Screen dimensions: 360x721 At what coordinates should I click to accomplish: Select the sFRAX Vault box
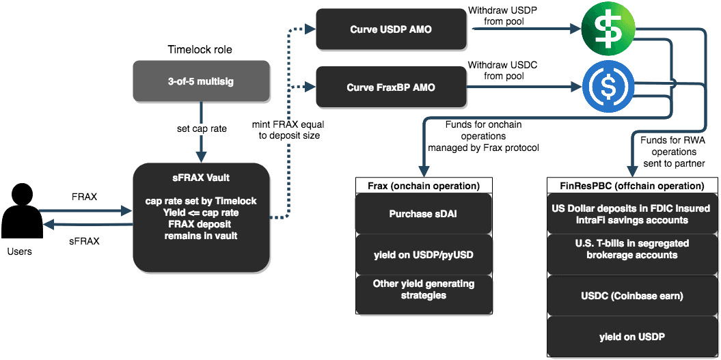[200, 216]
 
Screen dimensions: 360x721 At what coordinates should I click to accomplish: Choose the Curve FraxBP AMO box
[390, 87]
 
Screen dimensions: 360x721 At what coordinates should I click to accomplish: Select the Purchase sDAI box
[424, 213]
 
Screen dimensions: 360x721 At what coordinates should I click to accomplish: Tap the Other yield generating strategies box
[424, 289]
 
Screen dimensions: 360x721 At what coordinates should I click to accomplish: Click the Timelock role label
[200, 49]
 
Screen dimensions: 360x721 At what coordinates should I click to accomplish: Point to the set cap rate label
[200, 128]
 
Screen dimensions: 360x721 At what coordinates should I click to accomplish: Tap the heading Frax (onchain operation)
[424, 186]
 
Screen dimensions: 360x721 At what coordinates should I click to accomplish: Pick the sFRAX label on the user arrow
[85, 240]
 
